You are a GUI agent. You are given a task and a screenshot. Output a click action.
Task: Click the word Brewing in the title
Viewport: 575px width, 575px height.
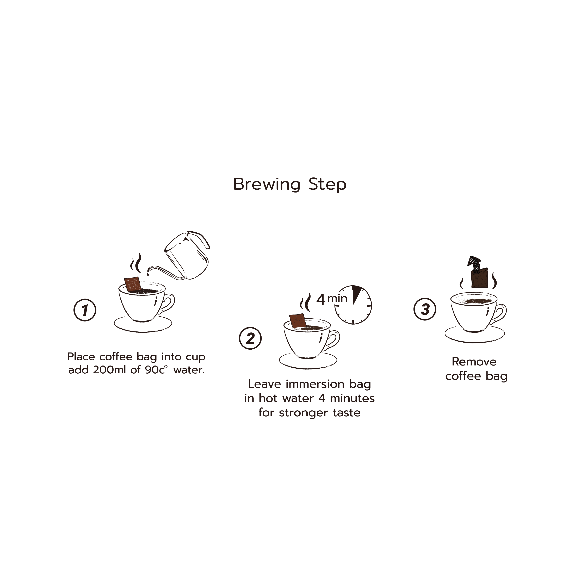(x=267, y=184)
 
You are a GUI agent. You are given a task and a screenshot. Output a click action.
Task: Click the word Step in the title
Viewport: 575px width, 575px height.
(x=327, y=184)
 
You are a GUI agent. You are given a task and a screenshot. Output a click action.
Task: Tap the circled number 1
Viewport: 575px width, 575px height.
(x=85, y=310)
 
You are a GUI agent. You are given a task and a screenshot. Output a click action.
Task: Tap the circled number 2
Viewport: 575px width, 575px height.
(x=250, y=338)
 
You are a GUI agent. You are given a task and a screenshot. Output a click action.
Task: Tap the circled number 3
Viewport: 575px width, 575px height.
(x=425, y=309)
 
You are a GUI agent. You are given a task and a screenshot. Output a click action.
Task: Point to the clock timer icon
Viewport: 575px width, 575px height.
(x=353, y=305)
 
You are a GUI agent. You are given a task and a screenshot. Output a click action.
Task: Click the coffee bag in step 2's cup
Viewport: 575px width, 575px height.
(x=298, y=321)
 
